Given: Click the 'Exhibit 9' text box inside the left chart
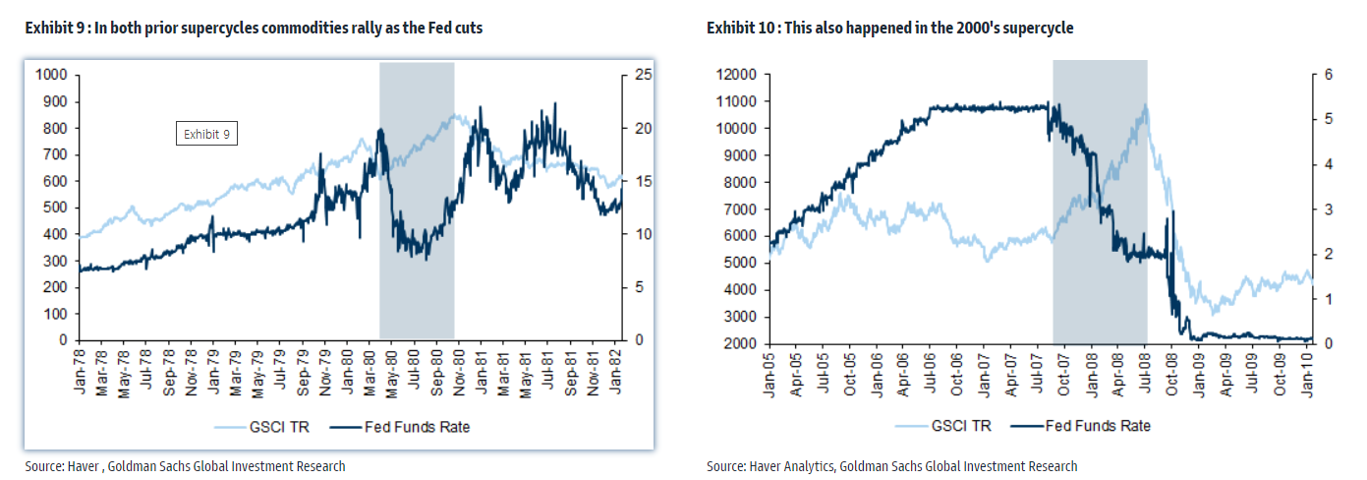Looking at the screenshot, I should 206,134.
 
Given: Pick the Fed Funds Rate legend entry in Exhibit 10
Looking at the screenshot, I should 1091,426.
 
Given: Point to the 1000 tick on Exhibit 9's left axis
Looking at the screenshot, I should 51,75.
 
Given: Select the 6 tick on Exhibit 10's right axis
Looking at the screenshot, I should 1327,75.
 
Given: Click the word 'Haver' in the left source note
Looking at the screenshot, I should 87,465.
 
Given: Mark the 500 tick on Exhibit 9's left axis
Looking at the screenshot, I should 55,208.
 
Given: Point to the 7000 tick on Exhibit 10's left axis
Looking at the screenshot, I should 739,208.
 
